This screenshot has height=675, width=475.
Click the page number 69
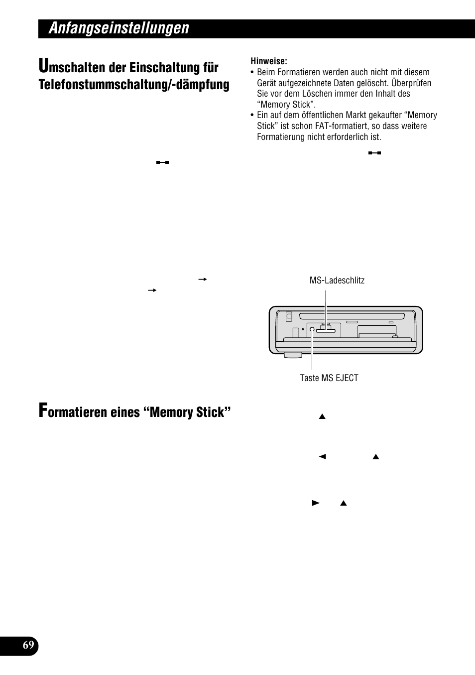pyautogui.click(x=28, y=646)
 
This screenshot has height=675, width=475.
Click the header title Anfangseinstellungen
pyautogui.click(x=119, y=28)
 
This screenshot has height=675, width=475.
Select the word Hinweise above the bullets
pyautogui.click(x=269, y=61)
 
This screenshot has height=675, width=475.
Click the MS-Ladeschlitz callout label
pyautogui.click(x=337, y=280)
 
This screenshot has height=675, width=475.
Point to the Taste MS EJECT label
pyautogui.click(x=329, y=378)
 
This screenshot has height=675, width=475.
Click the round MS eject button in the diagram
pyautogui.click(x=312, y=329)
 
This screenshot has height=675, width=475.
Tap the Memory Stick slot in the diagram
pyautogui.click(x=326, y=330)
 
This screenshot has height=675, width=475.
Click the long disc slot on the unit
pyautogui.click(x=352, y=316)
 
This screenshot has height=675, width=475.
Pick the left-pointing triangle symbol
pyautogui.click(x=322, y=456)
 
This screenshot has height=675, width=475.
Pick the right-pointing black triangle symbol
pyautogui.click(x=315, y=503)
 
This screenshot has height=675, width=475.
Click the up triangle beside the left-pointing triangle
pyautogui.click(x=376, y=456)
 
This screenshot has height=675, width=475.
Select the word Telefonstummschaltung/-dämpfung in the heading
pyautogui.click(x=134, y=85)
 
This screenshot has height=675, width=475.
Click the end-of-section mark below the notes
pyautogui.click(x=374, y=153)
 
